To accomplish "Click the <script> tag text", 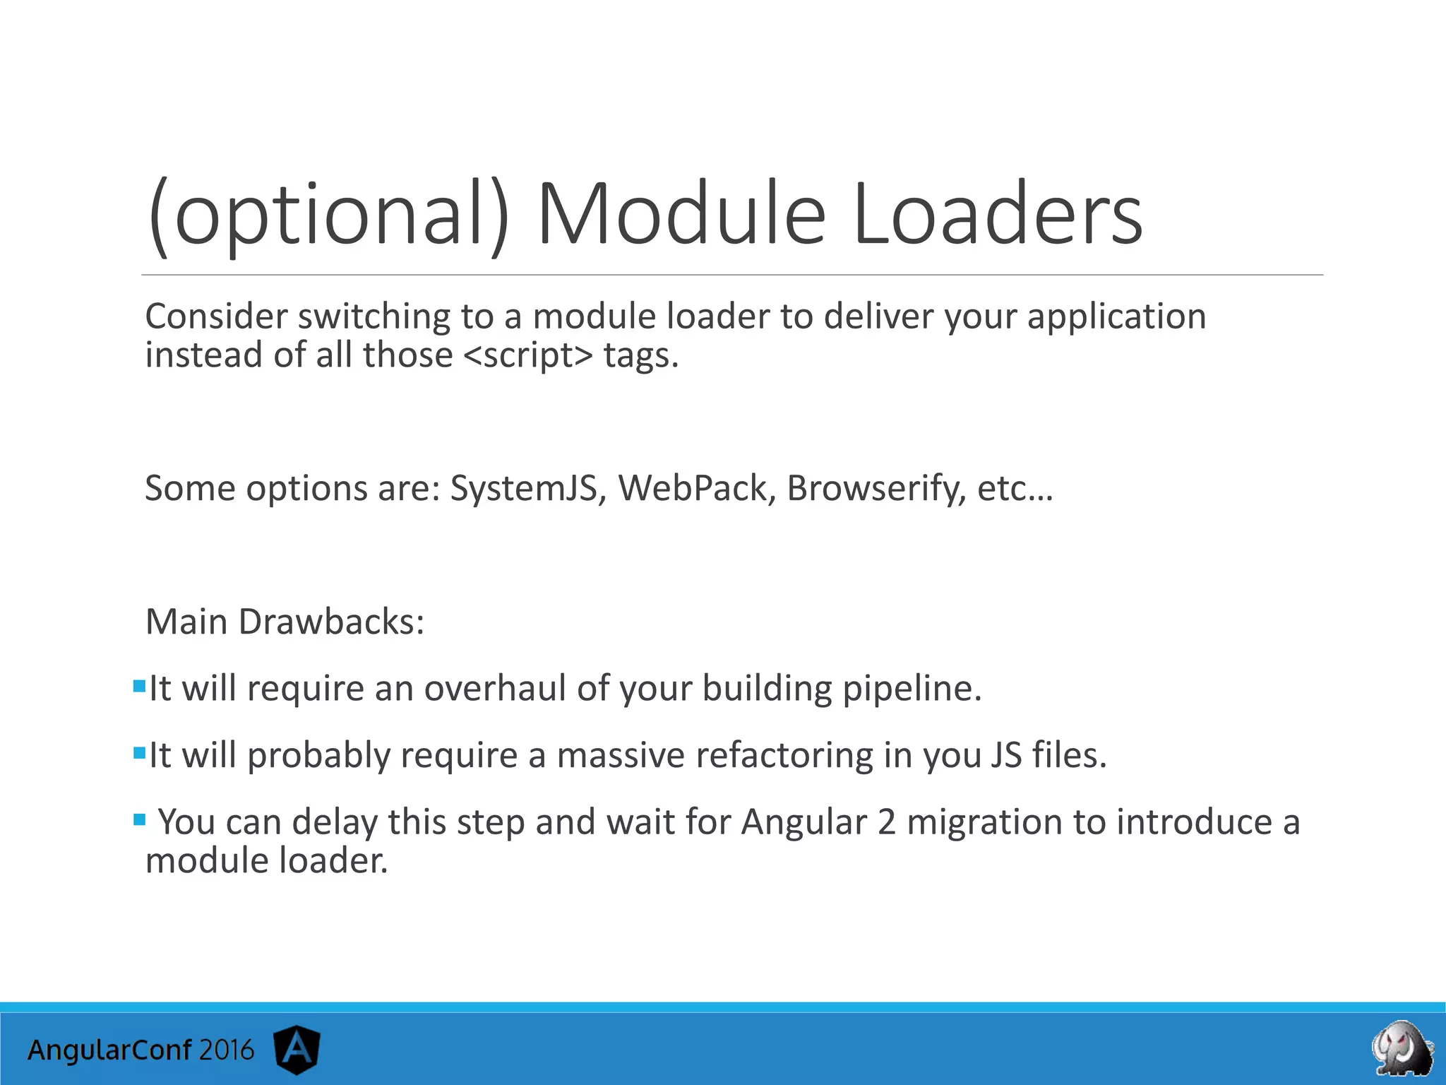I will click(528, 355).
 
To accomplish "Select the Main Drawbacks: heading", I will click(285, 622).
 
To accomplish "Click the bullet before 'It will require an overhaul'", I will click(139, 686).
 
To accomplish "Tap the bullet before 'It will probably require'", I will click(139, 752).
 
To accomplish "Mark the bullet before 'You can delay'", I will click(139, 819).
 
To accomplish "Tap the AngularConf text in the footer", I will click(109, 1050).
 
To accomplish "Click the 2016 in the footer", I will click(226, 1050).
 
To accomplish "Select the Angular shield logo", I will click(297, 1050).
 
